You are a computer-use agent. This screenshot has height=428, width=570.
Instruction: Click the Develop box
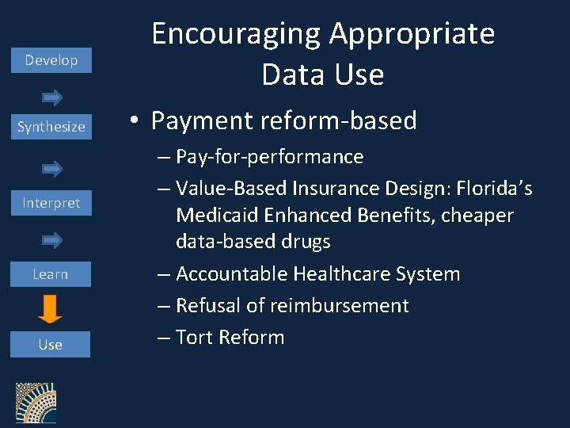(x=51, y=60)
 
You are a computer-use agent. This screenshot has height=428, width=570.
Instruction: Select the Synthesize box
(x=51, y=127)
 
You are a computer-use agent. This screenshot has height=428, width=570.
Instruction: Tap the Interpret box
(x=51, y=203)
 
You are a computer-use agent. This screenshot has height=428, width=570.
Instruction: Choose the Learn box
(x=50, y=274)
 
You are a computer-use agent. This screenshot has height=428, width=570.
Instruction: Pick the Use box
(x=50, y=345)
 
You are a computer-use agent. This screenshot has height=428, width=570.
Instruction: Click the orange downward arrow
(x=50, y=308)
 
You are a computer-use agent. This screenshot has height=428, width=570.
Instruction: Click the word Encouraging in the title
(x=236, y=34)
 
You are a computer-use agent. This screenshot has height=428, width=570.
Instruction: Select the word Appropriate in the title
(x=412, y=34)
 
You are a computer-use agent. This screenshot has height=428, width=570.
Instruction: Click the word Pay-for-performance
(x=269, y=157)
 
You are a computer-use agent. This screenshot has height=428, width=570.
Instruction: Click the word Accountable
(x=231, y=274)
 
